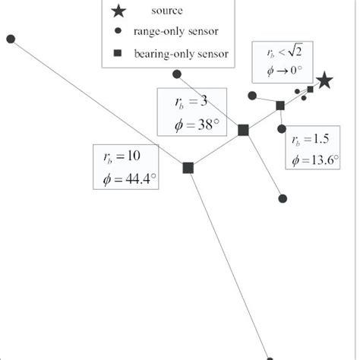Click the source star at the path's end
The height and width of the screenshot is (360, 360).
click(x=324, y=80)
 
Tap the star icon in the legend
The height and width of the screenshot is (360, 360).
click(x=118, y=11)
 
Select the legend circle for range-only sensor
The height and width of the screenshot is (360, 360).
click(x=118, y=32)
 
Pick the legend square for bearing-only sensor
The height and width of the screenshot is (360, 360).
click(x=118, y=53)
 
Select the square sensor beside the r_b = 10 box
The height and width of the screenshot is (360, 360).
click(x=188, y=168)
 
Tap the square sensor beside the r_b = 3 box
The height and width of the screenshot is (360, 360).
click(x=243, y=130)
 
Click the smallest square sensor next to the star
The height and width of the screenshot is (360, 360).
click(x=310, y=90)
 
